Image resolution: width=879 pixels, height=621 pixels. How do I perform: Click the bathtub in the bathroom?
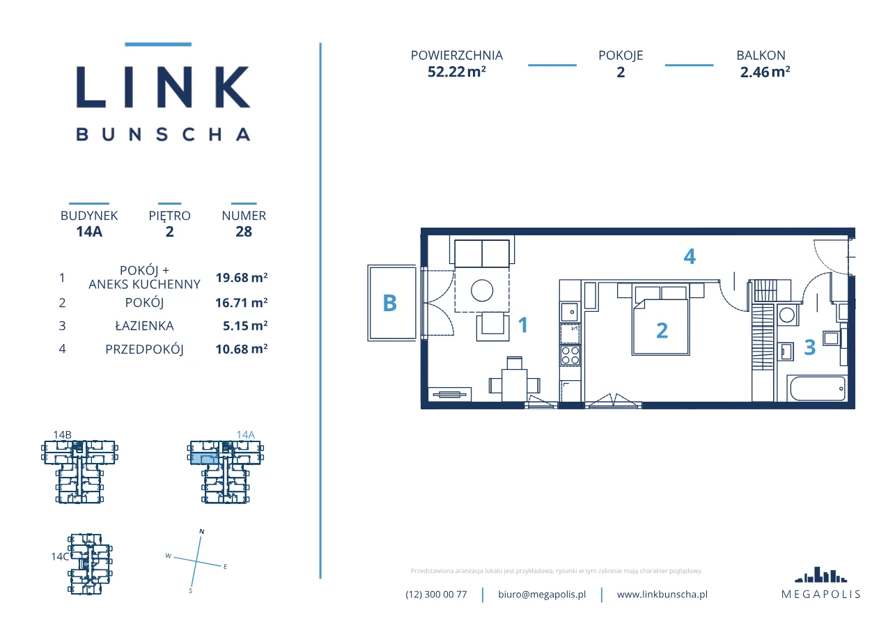818,388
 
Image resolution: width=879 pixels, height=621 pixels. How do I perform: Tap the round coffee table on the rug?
482,290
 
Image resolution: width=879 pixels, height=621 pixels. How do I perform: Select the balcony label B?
389,303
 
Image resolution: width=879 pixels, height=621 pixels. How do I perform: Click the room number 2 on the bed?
662,330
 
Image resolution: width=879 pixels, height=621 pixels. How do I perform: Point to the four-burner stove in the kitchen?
570,355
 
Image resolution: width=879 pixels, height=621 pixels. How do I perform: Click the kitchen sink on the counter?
569,312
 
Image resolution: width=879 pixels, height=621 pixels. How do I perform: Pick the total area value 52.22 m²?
457,72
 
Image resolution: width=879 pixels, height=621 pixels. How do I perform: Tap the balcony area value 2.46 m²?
765,72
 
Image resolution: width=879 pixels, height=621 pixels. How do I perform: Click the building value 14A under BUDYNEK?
89,231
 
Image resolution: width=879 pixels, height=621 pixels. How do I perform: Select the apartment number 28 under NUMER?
244,231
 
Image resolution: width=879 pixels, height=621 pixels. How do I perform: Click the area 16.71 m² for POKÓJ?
241,302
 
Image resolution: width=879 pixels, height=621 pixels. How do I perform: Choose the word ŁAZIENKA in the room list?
144,326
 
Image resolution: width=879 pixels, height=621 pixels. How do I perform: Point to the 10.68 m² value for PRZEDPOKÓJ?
241,349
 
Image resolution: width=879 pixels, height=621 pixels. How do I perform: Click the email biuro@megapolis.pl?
542,595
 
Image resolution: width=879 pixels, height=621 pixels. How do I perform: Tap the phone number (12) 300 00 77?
436,595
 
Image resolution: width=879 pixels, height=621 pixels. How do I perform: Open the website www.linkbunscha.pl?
662,595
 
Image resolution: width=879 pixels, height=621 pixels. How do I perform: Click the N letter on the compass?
202,531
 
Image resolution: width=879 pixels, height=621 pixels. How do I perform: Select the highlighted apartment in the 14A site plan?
204,459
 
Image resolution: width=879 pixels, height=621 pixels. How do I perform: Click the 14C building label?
60,556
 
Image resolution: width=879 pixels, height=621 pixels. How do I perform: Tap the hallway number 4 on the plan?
690,257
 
